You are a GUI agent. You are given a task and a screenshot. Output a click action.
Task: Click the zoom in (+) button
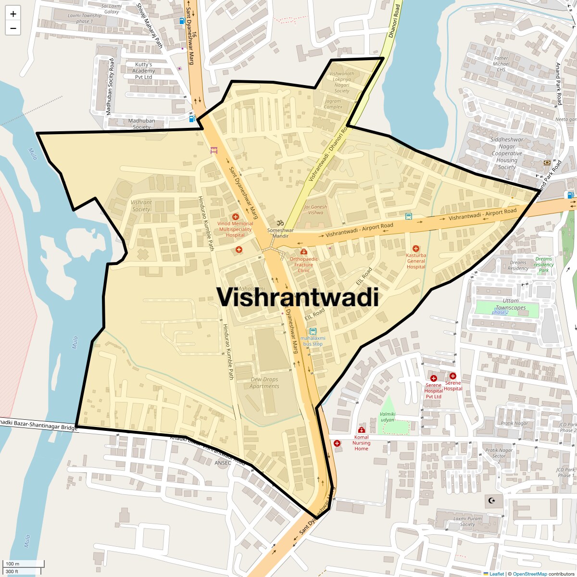click(13, 14)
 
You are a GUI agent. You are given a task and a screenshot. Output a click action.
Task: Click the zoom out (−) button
click(13, 28)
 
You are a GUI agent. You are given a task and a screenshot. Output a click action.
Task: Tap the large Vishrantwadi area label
click(298, 297)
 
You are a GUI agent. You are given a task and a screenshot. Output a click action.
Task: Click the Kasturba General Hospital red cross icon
click(416, 249)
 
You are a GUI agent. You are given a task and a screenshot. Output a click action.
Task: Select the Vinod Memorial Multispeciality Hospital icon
click(235, 217)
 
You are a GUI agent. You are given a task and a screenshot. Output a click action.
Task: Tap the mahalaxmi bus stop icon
click(313, 331)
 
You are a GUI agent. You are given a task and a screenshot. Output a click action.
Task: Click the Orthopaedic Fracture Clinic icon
click(303, 251)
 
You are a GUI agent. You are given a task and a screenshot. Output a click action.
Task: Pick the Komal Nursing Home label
click(361, 443)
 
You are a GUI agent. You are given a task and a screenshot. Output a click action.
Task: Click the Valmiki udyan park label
click(388, 417)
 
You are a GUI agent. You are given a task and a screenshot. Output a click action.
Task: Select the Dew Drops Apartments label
click(264, 383)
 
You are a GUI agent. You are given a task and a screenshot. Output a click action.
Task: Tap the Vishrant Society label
click(141, 206)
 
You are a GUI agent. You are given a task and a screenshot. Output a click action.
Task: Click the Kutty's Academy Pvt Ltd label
click(143, 71)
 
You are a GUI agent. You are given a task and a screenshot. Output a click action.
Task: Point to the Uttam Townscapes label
click(511, 304)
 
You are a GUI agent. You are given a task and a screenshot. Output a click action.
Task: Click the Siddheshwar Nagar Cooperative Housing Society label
click(507, 153)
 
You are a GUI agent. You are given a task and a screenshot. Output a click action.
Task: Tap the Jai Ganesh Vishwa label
click(315, 210)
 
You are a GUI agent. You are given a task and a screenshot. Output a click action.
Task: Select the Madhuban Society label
click(141, 124)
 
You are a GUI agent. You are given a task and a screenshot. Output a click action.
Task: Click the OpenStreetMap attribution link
click(529, 574)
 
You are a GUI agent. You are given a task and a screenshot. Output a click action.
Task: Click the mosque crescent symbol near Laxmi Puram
click(491, 501)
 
